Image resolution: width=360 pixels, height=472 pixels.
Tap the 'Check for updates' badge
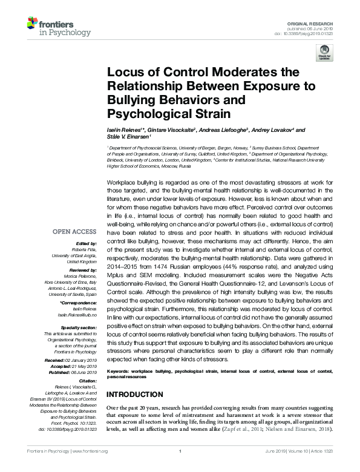pos(325,52)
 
